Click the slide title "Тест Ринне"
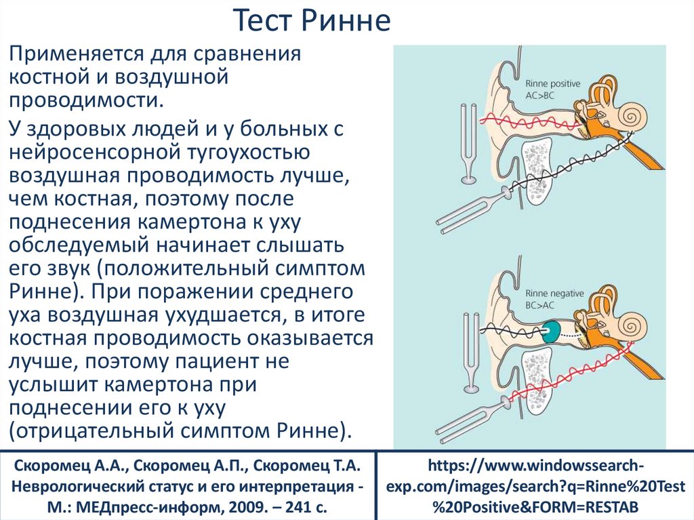point(312,22)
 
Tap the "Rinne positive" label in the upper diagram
point(552,83)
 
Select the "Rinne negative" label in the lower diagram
point(554,294)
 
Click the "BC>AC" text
point(540,306)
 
